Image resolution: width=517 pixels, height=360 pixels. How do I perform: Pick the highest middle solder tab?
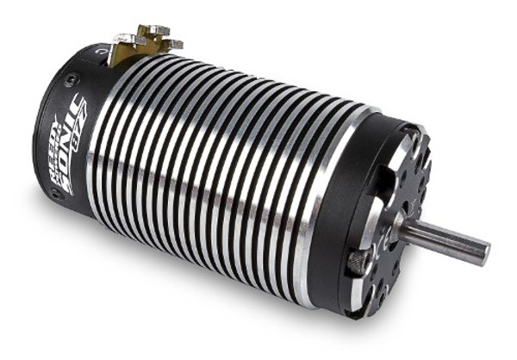[x=155, y=31]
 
